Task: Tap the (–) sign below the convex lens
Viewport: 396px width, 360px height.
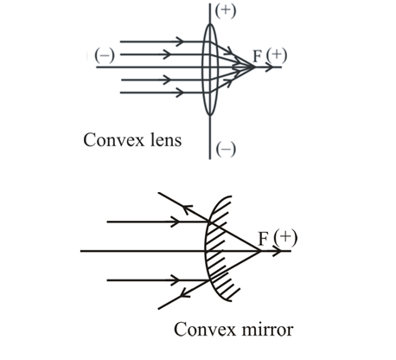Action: click(227, 149)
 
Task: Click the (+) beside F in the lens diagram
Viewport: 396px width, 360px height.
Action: click(276, 55)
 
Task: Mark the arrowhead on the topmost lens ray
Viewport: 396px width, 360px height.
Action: click(179, 40)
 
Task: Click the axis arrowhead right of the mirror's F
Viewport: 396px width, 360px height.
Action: click(280, 252)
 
